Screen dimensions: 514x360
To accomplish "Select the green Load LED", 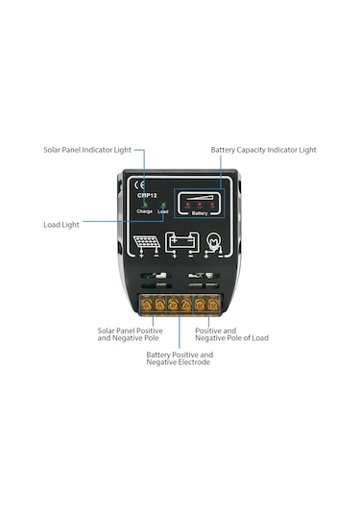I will click(162, 205).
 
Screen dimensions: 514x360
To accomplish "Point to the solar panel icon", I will click(146, 243).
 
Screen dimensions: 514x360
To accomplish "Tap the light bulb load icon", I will click(216, 243).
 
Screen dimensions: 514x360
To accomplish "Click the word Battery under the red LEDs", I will click(200, 213).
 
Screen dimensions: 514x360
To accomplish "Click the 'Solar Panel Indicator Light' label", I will click(87, 150).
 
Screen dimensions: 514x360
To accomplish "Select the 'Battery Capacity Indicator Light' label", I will click(263, 150).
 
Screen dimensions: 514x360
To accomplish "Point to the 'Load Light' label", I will click(62, 224).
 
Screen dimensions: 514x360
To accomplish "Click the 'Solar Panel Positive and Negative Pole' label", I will click(130, 335).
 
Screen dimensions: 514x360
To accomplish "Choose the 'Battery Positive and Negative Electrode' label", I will click(180, 358).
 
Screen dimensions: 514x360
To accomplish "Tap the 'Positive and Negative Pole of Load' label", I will click(229, 335).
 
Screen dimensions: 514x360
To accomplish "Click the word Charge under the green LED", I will click(144, 211).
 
